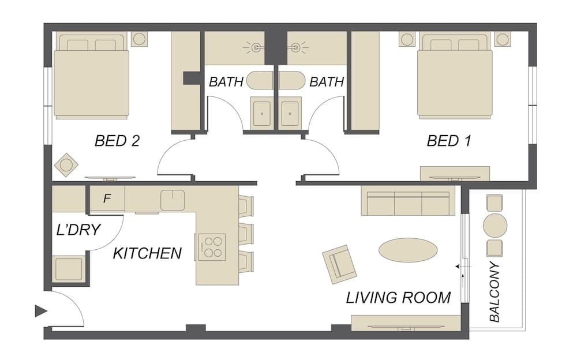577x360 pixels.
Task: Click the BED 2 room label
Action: click(x=117, y=141)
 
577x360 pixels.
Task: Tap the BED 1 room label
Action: click(x=448, y=141)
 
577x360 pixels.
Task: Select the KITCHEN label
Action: click(x=147, y=253)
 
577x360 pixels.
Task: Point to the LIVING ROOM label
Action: click(x=399, y=298)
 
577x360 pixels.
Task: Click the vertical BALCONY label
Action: click(x=495, y=291)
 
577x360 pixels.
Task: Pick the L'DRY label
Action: click(x=78, y=230)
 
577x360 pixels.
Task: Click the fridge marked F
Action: click(x=107, y=198)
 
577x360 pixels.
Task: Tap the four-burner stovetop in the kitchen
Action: click(x=212, y=247)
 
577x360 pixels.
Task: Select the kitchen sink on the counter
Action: click(x=172, y=200)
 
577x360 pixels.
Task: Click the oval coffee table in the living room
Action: click(x=408, y=250)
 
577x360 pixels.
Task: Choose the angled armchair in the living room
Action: click(x=339, y=264)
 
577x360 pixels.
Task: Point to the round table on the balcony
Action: click(x=495, y=226)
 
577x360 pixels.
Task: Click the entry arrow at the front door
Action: click(x=41, y=311)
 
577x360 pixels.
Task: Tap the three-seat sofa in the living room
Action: click(x=408, y=201)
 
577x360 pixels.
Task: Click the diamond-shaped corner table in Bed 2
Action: click(x=66, y=165)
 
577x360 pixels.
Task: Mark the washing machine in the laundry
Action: click(x=69, y=268)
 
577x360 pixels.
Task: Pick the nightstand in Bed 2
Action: click(x=139, y=39)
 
